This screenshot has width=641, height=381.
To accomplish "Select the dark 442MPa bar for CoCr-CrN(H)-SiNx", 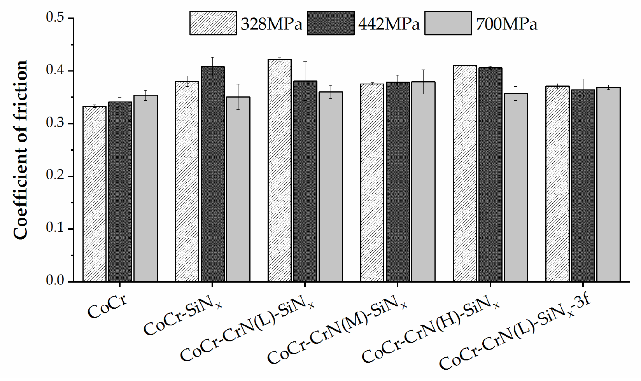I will point(490,175).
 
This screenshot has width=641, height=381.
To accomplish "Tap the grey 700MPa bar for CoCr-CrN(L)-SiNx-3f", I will point(608,184).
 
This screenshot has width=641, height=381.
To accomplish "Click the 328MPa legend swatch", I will point(213,23).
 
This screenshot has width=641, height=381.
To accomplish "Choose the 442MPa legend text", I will point(389,24).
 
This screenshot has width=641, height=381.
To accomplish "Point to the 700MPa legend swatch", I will point(448,23).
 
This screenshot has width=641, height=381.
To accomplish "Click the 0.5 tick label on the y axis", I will point(55,18).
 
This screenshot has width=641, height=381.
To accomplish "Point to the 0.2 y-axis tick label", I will point(55,176).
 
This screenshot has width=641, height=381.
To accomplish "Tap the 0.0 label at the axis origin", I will point(55,281).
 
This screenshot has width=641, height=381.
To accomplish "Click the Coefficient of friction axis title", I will point(20,150).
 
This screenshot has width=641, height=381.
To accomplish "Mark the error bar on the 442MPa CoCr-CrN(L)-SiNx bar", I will point(305,81).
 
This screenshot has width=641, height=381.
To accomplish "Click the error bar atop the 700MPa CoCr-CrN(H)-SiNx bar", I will point(516,93).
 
